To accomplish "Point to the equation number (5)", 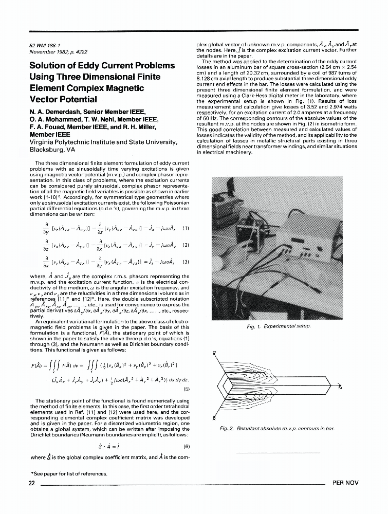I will coord(186,389).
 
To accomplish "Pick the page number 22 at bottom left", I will coord(32,483).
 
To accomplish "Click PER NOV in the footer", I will coord(345,483).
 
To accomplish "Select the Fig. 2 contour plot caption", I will coord(277,428).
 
